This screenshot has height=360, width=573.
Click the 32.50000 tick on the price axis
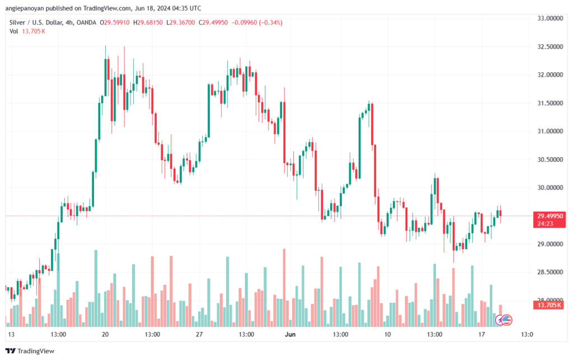tap(550, 47)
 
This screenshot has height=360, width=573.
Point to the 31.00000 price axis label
tap(550, 131)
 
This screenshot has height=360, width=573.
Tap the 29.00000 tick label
tap(550, 244)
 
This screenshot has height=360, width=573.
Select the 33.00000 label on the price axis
tap(550, 18)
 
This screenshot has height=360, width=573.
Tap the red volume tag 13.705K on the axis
tap(549, 305)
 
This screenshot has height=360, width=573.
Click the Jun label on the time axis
tap(290, 334)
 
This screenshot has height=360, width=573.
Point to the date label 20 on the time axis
tap(105, 334)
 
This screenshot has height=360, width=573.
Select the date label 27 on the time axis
tap(199, 334)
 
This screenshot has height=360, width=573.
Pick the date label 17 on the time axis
tap(482, 334)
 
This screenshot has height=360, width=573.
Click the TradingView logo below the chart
tap(30, 351)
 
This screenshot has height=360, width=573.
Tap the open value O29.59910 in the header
tap(114, 22)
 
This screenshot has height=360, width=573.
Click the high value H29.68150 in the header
tap(148, 22)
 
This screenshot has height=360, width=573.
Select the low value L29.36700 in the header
tap(181, 22)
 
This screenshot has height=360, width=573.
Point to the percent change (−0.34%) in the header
tap(270, 22)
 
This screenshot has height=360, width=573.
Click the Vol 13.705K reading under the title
tap(27, 31)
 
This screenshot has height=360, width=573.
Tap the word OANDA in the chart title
tap(87, 22)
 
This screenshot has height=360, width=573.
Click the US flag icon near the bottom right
tap(506, 320)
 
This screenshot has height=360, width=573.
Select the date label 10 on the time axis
tap(387, 334)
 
